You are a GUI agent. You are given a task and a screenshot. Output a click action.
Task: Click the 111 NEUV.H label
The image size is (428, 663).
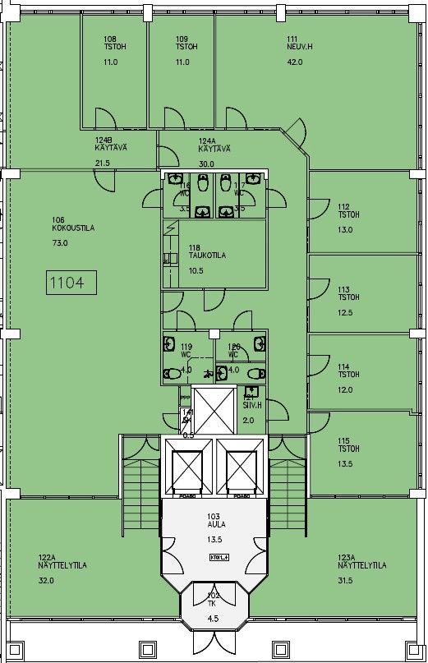[x=296, y=44]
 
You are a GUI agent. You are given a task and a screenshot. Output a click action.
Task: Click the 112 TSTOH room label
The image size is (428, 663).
[x=348, y=211]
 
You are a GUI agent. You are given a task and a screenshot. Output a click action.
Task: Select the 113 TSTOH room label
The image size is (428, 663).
[x=348, y=294]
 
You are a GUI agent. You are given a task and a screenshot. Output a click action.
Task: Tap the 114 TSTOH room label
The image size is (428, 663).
[x=348, y=371]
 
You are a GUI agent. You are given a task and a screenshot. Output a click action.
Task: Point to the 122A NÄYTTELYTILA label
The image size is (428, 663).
[x=62, y=562]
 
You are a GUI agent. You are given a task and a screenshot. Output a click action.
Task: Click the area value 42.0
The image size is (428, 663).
[x=295, y=62]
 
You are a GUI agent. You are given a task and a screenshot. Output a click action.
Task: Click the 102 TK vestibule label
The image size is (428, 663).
[x=214, y=598]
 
